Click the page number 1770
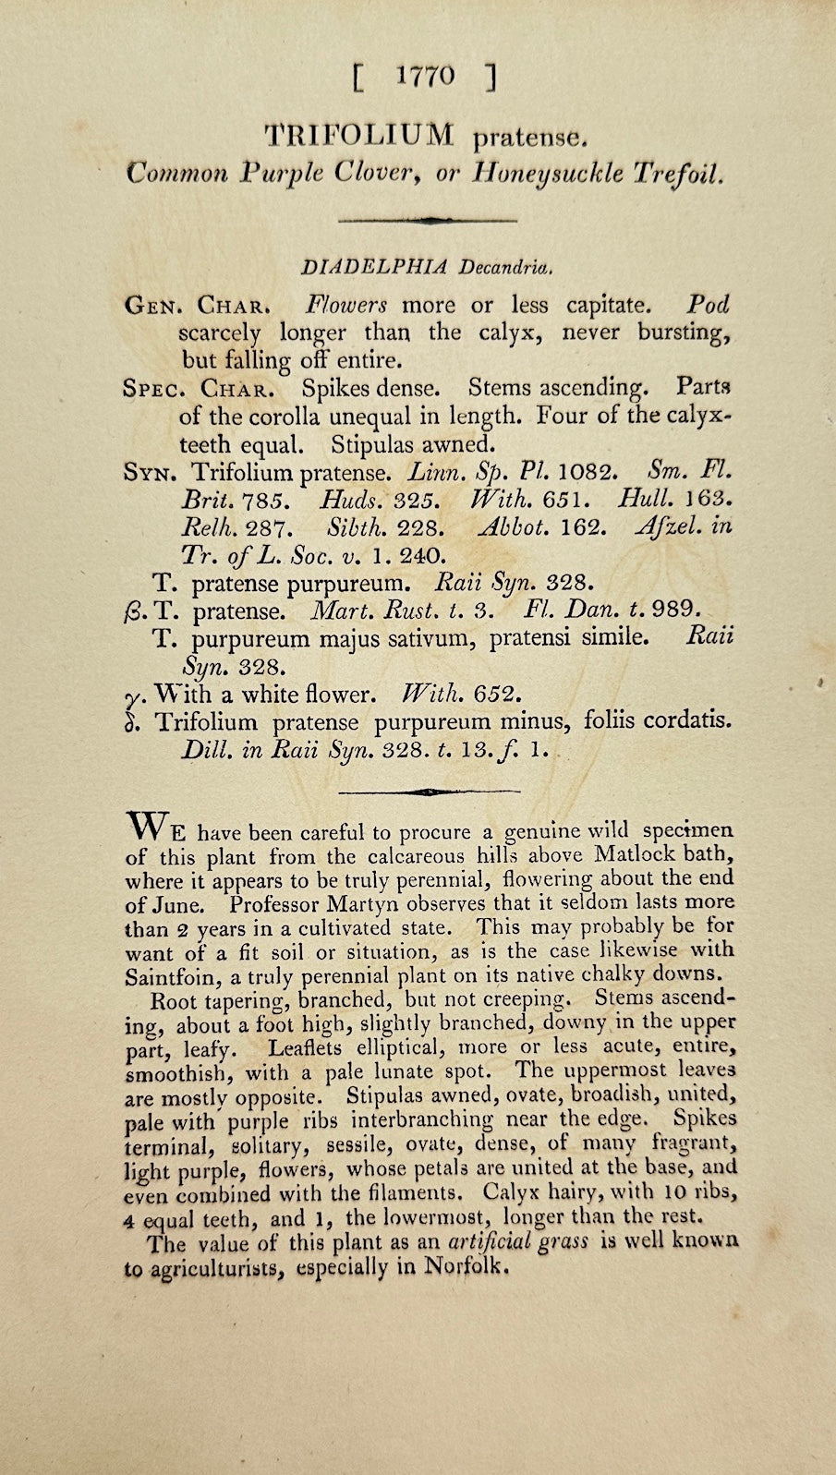pos(425,78)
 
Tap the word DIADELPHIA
pos(374,268)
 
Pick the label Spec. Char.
pos(199,389)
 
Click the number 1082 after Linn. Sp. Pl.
pos(588,473)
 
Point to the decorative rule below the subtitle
pos(428,221)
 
